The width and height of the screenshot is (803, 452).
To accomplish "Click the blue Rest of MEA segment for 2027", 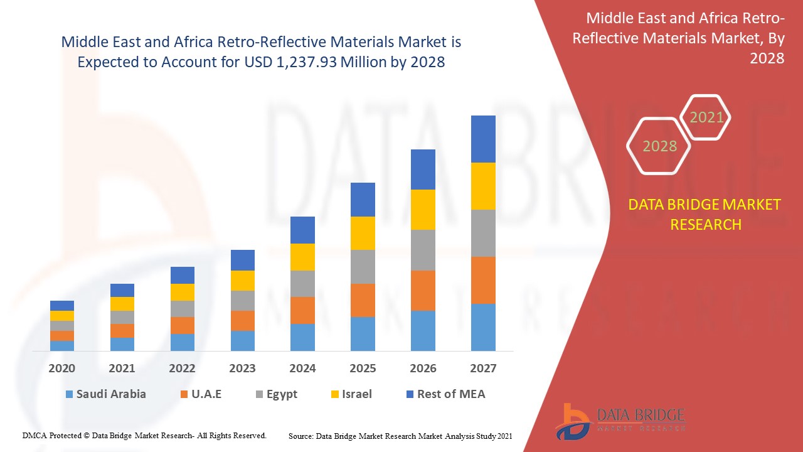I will click(483, 139).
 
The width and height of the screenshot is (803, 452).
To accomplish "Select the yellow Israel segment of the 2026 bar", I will click(423, 210).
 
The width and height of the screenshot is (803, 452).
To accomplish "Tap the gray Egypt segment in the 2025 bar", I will click(363, 267).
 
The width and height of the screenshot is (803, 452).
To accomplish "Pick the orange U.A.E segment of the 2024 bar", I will click(302, 310).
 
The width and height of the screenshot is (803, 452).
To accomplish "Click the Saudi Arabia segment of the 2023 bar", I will click(243, 340).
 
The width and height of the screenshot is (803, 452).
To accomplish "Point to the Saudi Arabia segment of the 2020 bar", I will click(62, 345).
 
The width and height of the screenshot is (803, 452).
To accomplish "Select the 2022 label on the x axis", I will click(182, 368).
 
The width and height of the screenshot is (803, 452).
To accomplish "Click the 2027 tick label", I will click(483, 368).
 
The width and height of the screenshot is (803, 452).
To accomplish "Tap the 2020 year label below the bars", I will click(62, 368).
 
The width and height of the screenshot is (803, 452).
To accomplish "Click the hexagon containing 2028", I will click(659, 146).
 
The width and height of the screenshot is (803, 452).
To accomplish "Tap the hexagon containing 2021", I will click(706, 117).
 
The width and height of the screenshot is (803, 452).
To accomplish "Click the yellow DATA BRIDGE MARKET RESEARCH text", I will click(705, 214).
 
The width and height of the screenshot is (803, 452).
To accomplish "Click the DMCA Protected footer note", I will click(145, 435).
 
